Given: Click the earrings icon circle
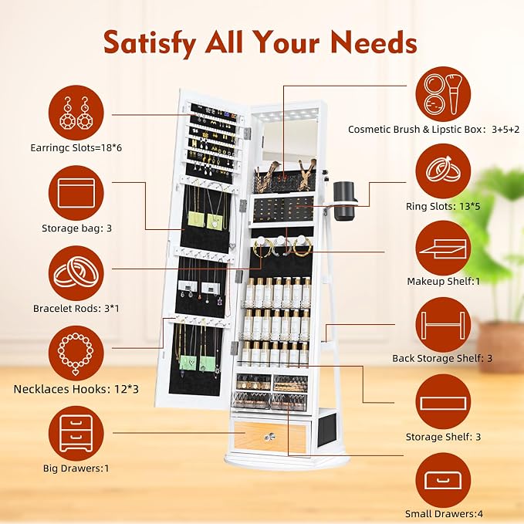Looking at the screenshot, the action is [76, 113].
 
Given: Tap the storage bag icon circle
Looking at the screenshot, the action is [76, 193].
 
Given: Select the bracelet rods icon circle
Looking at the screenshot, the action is [76, 273].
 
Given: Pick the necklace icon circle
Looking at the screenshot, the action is [76, 353].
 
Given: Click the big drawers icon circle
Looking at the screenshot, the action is [76, 434].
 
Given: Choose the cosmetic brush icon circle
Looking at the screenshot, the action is [443, 94].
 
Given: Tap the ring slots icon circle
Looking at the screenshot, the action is [443, 171].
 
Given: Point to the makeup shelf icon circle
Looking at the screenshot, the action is [443, 248].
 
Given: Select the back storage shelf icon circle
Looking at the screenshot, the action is [443, 325].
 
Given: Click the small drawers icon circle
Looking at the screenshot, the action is [443, 480].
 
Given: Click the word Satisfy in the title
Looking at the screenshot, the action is [150, 43].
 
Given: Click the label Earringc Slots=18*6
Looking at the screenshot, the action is [76, 147].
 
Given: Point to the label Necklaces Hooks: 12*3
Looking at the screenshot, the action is [76, 389].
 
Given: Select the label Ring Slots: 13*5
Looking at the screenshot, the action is [443, 206].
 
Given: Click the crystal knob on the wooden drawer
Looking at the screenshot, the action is [269, 437].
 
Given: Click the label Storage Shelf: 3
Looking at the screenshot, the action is [443, 437].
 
